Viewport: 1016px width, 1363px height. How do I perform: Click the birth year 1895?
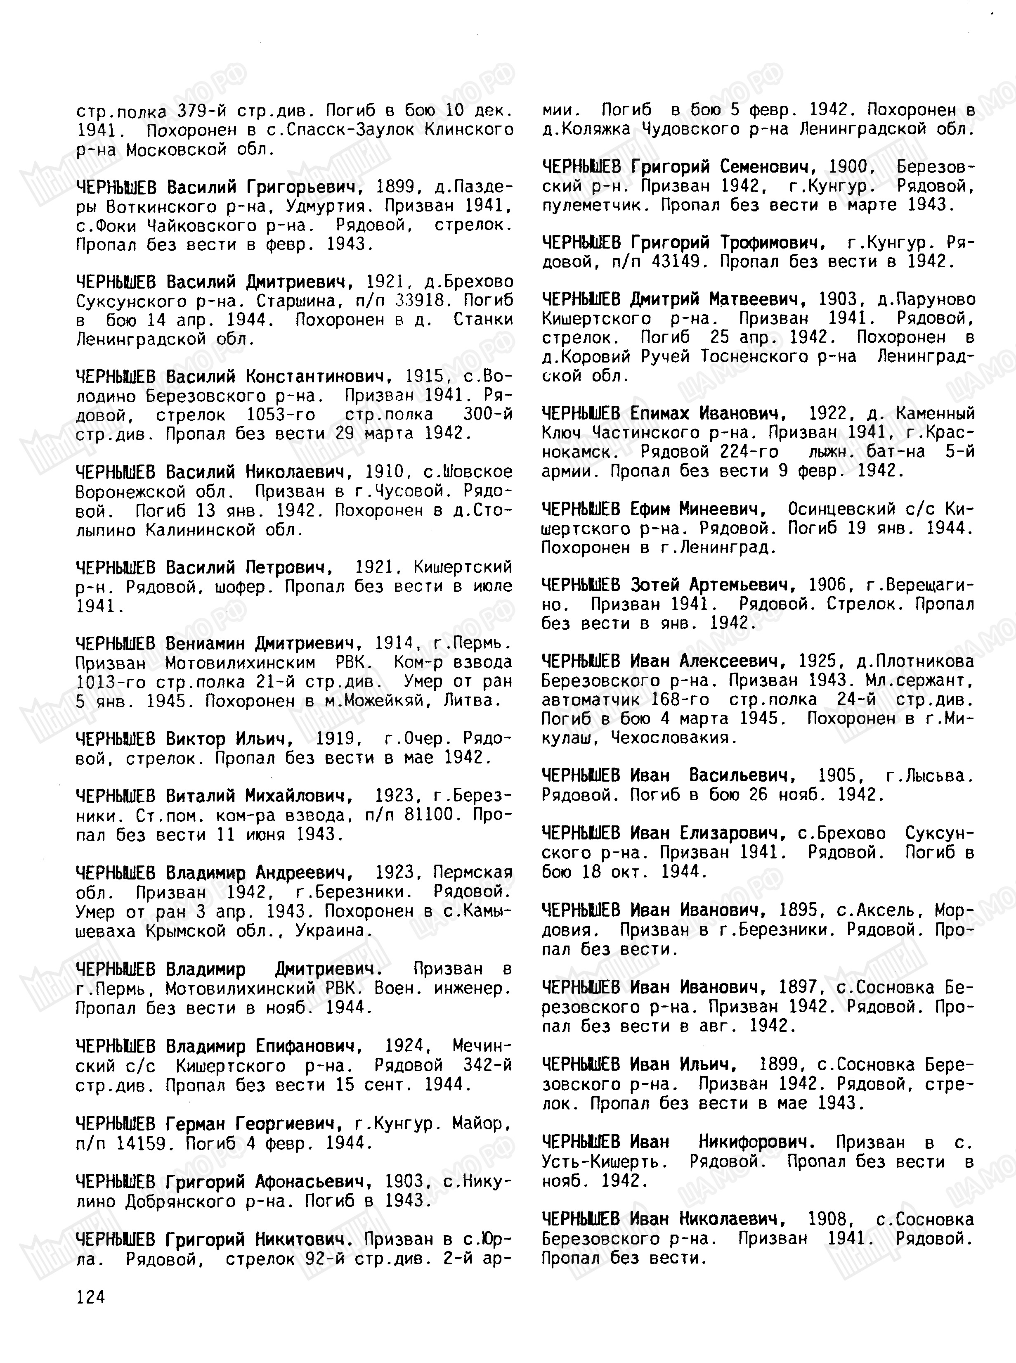798,910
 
